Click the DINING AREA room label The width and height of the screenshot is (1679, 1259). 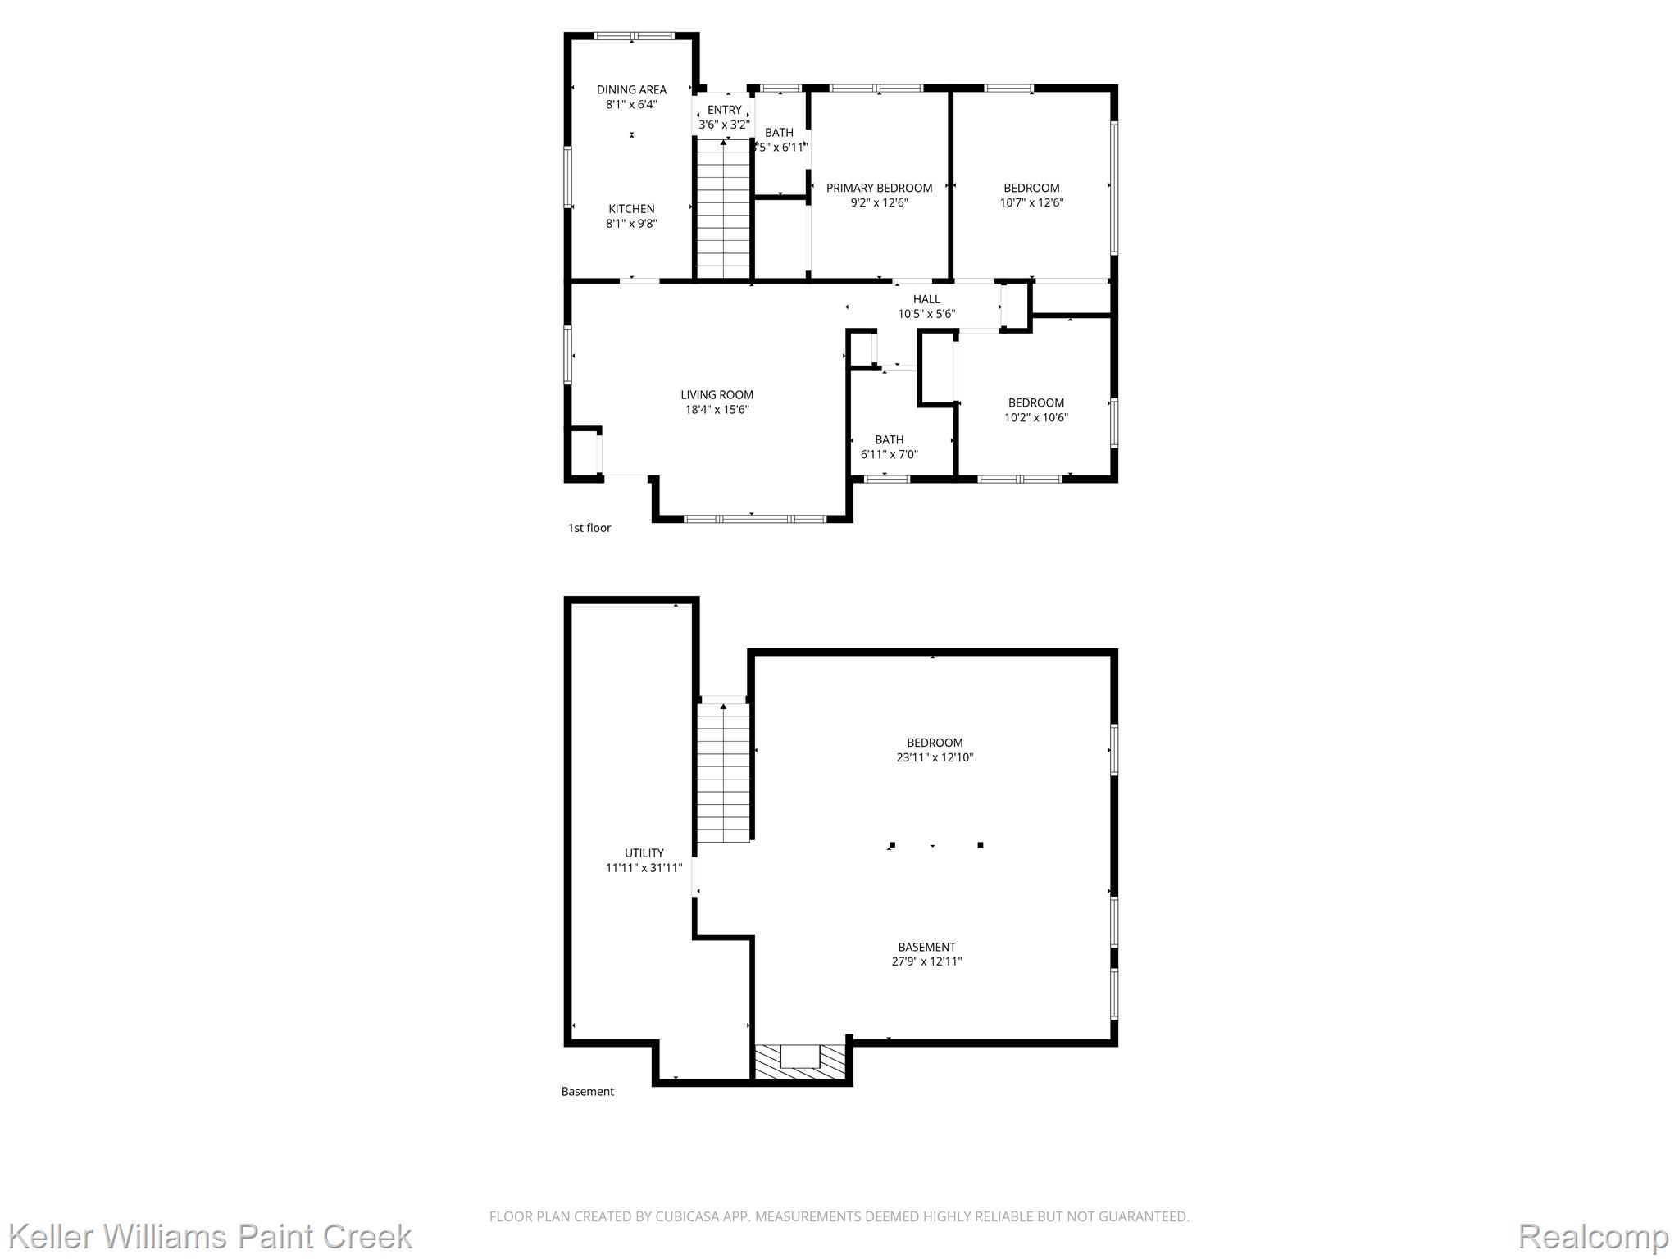coord(631,90)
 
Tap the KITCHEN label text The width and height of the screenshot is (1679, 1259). coord(631,209)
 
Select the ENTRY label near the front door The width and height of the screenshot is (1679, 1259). coord(724,110)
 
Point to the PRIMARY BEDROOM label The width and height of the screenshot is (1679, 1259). coord(879,188)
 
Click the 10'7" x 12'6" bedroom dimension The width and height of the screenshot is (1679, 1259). coord(1031,202)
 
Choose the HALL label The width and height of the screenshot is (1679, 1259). coord(926,299)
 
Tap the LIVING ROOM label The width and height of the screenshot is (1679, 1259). coord(717,395)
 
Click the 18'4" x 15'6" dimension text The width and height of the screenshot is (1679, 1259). coord(717,410)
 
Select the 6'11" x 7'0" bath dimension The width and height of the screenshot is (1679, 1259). coord(889,454)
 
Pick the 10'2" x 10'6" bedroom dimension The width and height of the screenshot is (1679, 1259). coord(1036,417)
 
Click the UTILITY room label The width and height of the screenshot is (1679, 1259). coord(644,853)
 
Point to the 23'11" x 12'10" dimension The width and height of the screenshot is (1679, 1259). coord(935,757)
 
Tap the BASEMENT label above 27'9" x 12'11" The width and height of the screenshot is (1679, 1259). coord(926,947)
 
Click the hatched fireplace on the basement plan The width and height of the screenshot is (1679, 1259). coord(800,1062)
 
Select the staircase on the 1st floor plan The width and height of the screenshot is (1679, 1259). coord(724,209)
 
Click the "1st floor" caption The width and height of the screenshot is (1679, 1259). coord(589,528)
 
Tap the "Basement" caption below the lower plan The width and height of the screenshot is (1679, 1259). coord(587,1092)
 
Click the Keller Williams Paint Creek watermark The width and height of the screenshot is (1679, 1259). coord(210,1236)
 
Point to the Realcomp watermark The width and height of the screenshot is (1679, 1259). coord(1593,1236)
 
